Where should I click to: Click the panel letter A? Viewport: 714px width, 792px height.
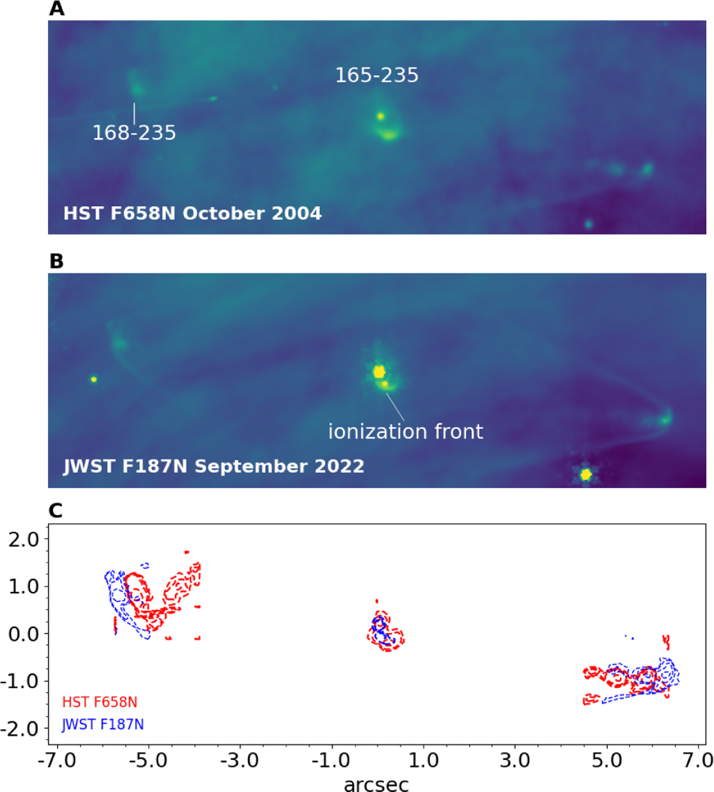[x=57, y=9]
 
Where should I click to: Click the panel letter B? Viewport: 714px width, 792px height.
[x=57, y=261]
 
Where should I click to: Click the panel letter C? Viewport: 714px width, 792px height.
[x=55, y=510]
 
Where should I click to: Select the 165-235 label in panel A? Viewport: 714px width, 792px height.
[x=377, y=76]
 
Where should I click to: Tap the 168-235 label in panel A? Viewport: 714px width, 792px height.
[x=134, y=133]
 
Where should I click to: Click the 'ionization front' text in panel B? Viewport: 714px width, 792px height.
[x=406, y=432]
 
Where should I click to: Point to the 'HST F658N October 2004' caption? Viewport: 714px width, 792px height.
[x=192, y=213]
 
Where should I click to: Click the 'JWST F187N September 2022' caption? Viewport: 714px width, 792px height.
[x=214, y=466]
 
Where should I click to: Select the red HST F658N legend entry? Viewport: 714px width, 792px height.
[x=99, y=702]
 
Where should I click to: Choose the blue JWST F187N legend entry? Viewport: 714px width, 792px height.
[x=103, y=725]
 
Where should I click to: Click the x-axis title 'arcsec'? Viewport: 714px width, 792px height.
[x=376, y=784]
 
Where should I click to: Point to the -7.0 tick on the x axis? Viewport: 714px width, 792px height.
[x=57, y=760]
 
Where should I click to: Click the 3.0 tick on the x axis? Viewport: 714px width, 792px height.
[x=515, y=760]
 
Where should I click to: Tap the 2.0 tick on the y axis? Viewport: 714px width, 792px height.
[x=23, y=540]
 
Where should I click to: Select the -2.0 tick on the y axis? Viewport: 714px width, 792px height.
[x=20, y=729]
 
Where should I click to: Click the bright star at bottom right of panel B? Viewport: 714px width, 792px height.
[x=586, y=475]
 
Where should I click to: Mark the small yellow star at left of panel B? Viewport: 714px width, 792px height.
[x=93, y=379]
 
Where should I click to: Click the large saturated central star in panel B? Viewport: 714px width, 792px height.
[x=379, y=372]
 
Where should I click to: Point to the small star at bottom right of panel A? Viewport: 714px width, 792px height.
[x=588, y=224]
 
